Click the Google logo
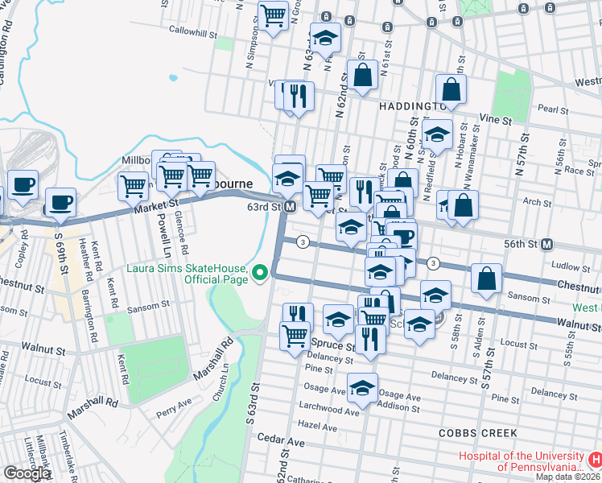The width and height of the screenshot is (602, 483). pyautogui.click(x=27, y=473)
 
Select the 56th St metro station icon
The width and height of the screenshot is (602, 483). pyautogui.click(x=547, y=244)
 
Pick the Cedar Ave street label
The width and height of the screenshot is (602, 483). pyautogui.click(x=281, y=442)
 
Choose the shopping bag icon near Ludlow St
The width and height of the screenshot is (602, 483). pyautogui.click(x=487, y=279)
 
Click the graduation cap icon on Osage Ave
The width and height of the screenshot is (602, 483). pyautogui.click(x=362, y=387)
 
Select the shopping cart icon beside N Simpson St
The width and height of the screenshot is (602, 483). pyautogui.click(x=274, y=14)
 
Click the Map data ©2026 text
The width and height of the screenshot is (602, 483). pyautogui.click(x=567, y=477)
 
